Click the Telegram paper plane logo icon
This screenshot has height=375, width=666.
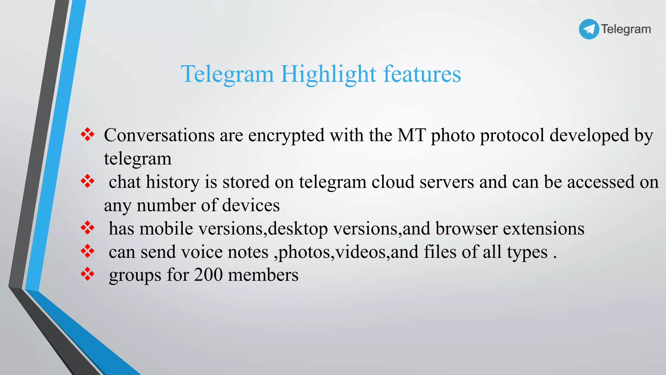click(x=589, y=29)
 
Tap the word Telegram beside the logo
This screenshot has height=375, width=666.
click(x=626, y=29)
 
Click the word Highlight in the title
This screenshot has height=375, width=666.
click(x=328, y=74)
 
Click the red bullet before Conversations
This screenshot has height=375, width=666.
click(x=87, y=134)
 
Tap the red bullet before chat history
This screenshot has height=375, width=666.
click(x=87, y=181)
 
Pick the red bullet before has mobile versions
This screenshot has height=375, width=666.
click(x=87, y=228)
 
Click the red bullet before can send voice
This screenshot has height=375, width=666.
click(x=87, y=251)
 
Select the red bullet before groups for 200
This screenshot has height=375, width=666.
click(x=87, y=274)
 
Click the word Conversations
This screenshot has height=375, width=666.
click(x=159, y=135)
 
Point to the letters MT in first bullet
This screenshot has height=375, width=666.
click(x=411, y=135)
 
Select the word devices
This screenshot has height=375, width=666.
click(x=251, y=205)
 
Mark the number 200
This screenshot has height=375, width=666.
click(x=208, y=275)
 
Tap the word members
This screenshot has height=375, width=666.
click(x=263, y=275)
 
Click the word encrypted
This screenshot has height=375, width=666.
click(x=286, y=136)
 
